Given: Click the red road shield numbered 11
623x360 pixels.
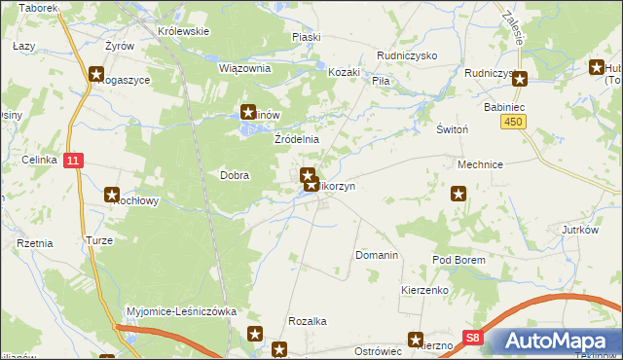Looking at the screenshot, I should pyautogui.click(x=73, y=160).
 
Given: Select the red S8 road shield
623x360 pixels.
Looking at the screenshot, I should pyautogui.click(x=472, y=338).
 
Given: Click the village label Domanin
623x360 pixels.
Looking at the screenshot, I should pyautogui.click(x=377, y=255).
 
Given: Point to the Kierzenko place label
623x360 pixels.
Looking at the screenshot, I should pyautogui.click(x=423, y=291).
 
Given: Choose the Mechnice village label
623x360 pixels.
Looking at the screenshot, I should pyautogui.click(x=480, y=165).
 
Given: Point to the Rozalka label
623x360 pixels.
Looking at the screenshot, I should pyautogui.click(x=307, y=321).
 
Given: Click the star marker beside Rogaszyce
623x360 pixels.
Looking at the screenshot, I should pyautogui.click(x=96, y=72).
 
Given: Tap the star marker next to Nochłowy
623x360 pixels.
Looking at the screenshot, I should pyautogui.click(x=111, y=195).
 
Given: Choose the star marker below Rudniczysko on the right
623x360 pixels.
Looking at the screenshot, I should pyautogui.click(x=520, y=80).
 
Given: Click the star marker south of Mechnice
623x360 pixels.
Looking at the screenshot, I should pyautogui.click(x=458, y=195).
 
